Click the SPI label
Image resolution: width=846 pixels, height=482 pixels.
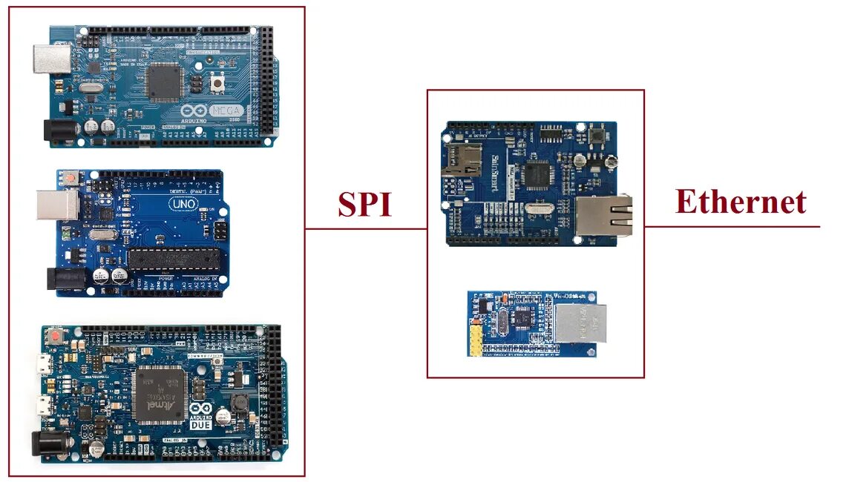[x=364, y=204]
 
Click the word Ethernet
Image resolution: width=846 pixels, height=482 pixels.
[x=740, y=201]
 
